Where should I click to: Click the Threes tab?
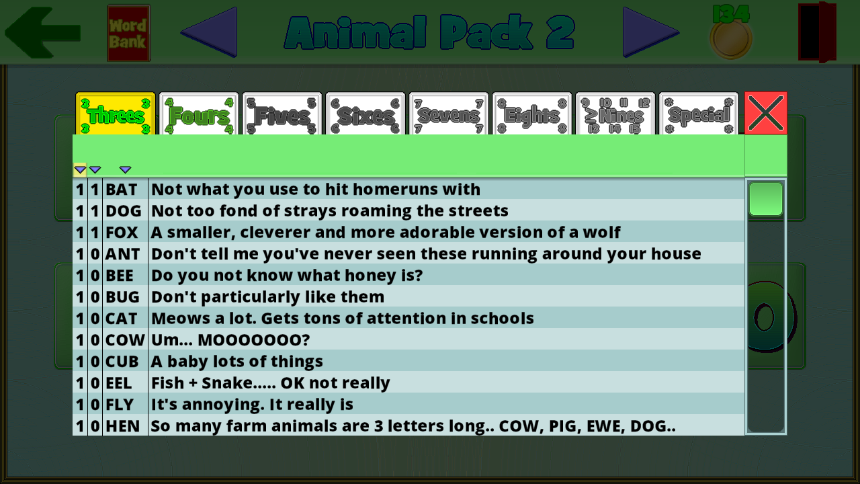[116, 114]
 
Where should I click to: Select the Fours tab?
[199, 114]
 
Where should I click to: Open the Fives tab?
[282, 114]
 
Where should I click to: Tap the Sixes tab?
[365, 114]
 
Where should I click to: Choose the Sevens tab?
[449, 114]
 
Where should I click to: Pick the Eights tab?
[532, 114]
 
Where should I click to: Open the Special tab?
[699, 114]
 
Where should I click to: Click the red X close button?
[766, 113]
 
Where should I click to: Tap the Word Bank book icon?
[128, 33]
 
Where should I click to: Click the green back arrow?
[42, 32]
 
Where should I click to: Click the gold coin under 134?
[730, 39]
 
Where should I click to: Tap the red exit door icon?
[818, 32]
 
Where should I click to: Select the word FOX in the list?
[122, 233]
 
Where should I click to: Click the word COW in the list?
[125, 340]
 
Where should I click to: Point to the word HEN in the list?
[122, 426]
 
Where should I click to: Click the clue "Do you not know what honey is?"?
[287, 276]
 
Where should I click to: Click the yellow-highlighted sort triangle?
[80, 169]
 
